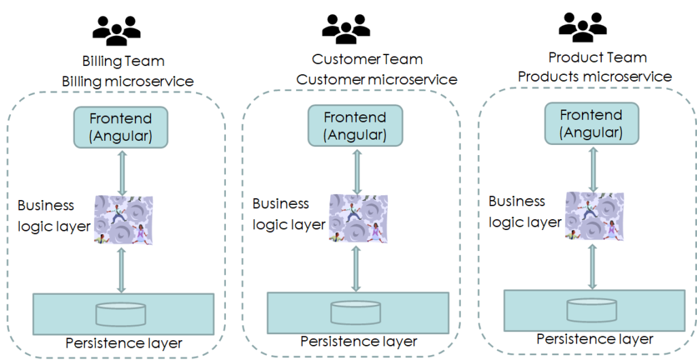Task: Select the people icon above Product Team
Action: pos(583,26)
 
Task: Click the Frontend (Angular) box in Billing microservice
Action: pos(120,127)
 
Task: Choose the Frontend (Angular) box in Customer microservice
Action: pos(355,126)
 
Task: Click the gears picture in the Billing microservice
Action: pos(122,220)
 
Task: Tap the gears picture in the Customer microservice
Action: pos(358,218)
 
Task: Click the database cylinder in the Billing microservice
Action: pos(120,314)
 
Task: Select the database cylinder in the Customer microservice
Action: pos(355,312)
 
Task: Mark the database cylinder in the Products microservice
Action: pos(591,310)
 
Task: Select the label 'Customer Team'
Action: pos(367,60)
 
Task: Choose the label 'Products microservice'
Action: pos(594,77)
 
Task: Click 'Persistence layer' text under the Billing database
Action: pos(124,343)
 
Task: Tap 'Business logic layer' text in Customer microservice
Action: pos(289,214)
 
